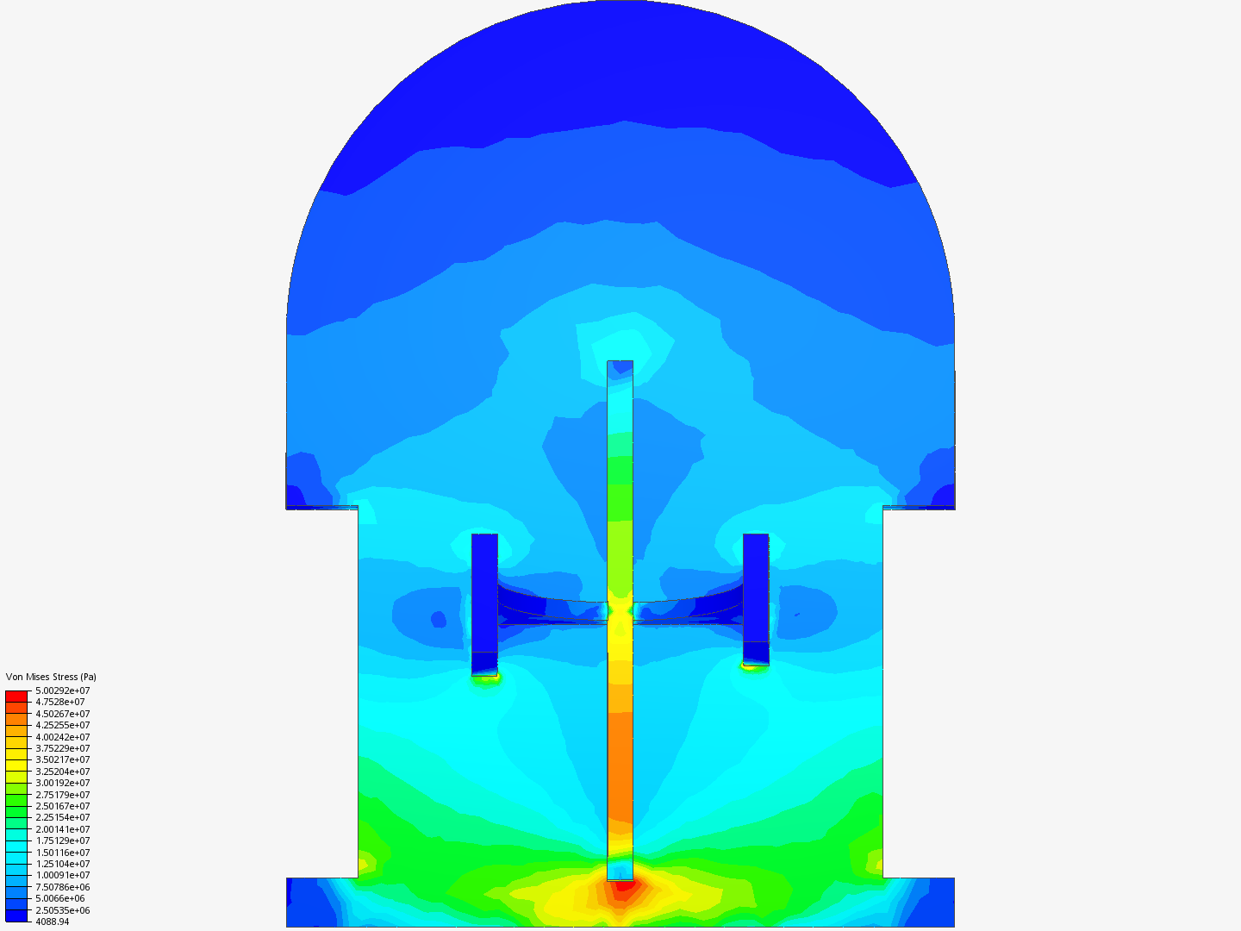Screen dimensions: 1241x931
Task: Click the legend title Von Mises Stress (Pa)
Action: tap(51, 677)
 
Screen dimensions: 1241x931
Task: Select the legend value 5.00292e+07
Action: tap(63, 690)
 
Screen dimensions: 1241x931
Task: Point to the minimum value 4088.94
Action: tap(53, 922)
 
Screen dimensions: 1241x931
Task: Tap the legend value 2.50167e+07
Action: tap(63, 806)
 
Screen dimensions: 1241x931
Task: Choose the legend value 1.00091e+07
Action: tap(63, 876)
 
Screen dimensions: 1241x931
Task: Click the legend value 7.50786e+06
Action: tap(63, 888)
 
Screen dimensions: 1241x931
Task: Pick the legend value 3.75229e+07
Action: tap(63, 748)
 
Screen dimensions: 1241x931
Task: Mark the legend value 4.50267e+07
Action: tap(63, 714)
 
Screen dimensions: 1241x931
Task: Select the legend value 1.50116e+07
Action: tap(63, 853)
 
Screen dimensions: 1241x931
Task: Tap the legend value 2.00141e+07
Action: tap(63, 829)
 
